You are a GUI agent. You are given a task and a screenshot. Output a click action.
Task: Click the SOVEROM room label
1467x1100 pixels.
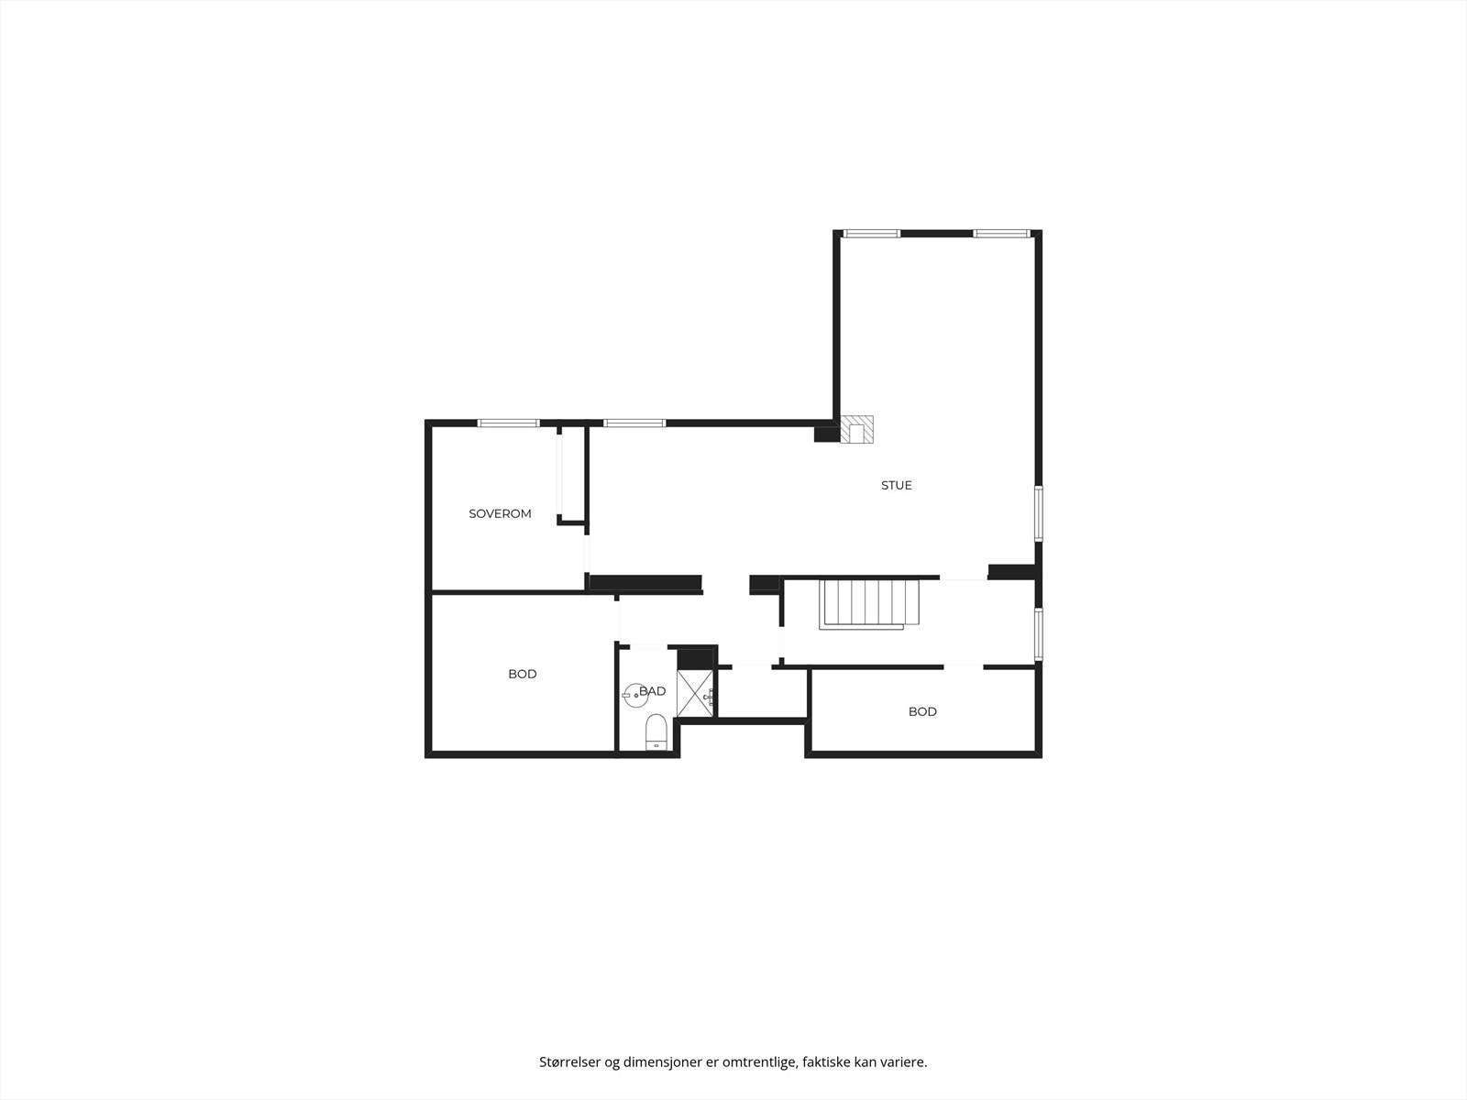[500, 513]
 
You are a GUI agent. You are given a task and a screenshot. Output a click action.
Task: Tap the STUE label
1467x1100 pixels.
[896, 486]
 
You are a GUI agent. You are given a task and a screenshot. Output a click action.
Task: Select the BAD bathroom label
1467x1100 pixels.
[652, 691]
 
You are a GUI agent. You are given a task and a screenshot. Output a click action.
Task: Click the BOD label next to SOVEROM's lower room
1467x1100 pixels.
[523, 674]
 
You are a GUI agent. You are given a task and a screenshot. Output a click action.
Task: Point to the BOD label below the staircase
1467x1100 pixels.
[922, 712]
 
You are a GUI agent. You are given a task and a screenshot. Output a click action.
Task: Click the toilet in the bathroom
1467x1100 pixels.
[656, 732]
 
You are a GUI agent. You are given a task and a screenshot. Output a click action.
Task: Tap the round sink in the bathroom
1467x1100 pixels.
[633, 695]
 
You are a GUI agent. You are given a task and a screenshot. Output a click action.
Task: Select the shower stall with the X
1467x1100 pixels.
[696, 693]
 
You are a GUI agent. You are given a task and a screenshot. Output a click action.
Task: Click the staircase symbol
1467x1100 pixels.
[869, 604]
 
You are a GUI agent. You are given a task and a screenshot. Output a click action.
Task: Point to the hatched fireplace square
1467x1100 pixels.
[856, 429]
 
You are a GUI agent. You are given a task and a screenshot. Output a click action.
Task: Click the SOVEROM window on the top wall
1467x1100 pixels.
[509, 423]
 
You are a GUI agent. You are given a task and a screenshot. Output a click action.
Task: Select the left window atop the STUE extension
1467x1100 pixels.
[872, 234]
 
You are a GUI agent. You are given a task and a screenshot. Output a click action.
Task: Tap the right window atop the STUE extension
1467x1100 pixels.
[1001, 234]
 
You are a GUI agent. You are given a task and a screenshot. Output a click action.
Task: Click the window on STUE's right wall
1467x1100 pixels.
[1039, 513]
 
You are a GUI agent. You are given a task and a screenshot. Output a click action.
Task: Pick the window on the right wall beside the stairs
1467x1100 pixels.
[1039, 633]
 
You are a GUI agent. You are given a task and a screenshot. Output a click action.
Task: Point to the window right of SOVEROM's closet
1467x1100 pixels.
[634, 423]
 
